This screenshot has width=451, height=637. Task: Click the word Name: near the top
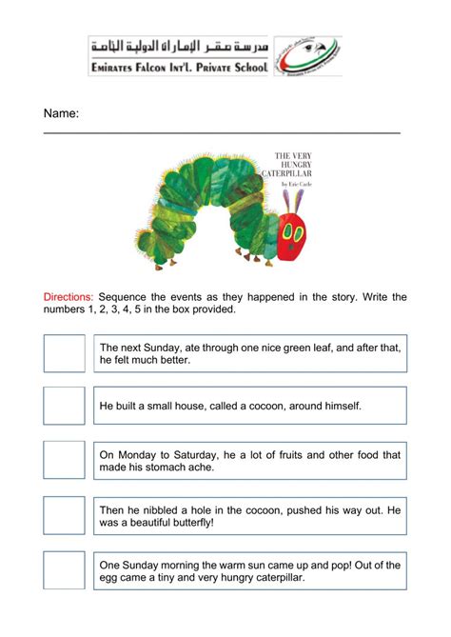tap(61, 114)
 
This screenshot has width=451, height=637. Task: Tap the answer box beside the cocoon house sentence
tap(64, 406)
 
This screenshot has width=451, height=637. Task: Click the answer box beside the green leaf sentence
tap(64, 353)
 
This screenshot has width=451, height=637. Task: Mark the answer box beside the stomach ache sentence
tap(64, 460)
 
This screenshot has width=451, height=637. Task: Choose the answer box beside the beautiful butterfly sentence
tap(64, 515)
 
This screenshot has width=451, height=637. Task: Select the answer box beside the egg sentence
tap(64, 570)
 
